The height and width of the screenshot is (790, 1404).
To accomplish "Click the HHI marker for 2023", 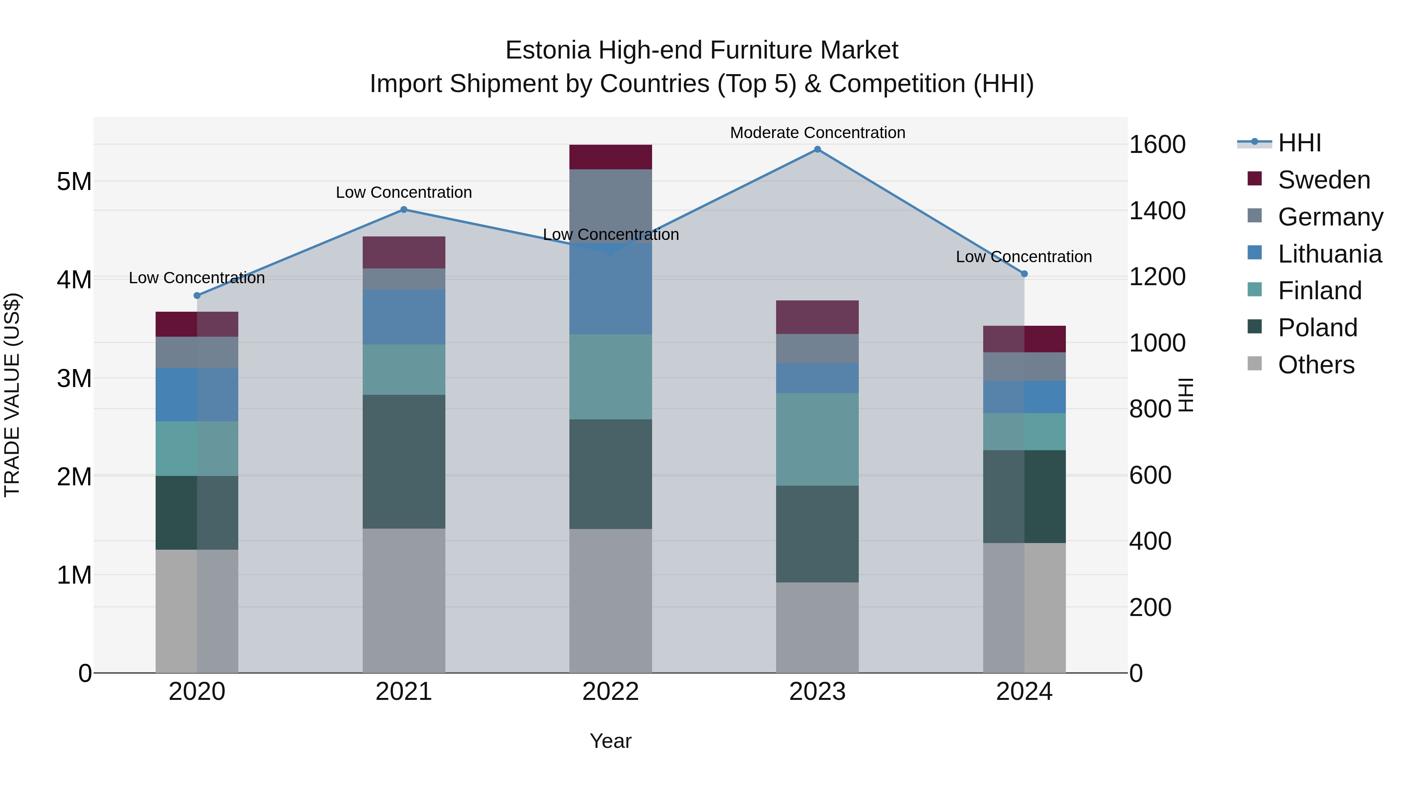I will pyautogui.click(x=817, y=149).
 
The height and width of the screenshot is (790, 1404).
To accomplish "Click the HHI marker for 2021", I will pyautogui.click(x=404, y=209).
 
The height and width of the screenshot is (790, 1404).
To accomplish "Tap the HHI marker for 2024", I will pyautogui.click(x=1024, y=274).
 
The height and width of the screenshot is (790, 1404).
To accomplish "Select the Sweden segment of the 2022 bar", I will pyautogui.click(x=610, y=157).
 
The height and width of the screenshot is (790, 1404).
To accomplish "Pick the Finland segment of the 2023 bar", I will pyautogui.click(x=817, y=439).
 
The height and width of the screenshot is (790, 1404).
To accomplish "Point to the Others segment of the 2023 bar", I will pyautogui.click(x=817, y=627).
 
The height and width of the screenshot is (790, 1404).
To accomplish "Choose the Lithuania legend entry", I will pyautogui.click(x=1330, y=254).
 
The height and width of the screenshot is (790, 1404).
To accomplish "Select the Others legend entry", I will pyautogui.click(x=1316, y=365).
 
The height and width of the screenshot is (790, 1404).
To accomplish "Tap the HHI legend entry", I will pyautogui.click(x=1299, y=143).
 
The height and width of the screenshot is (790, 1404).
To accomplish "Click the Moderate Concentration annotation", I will pyautogui.click(x=817, y=133).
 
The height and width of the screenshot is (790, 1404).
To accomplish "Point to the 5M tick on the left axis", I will pyautogui.click(x=74, y=181).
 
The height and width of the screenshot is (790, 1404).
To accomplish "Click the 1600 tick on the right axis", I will pyautogui.click(x=1157, y=144).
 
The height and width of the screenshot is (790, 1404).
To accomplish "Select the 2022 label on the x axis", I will pyautogui.click(x=610, y=692).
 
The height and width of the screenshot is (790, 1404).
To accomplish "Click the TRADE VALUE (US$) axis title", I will pyautogui.click(x=12, y=395).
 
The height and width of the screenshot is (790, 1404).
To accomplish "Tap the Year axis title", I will pyautogui.click(x=610, y=741).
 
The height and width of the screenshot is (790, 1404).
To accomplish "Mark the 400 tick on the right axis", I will pyautogui.click(x=1150, y=541).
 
